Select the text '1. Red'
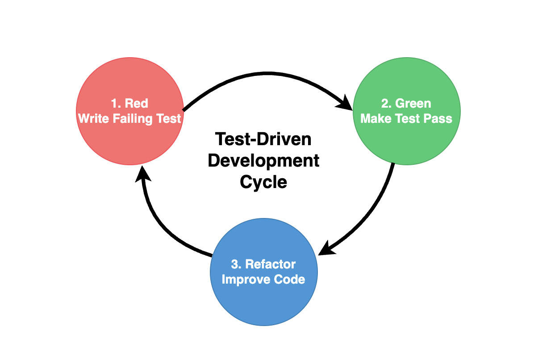pyautogui.click(x=129, y=104)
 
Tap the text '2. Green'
pyautogui.click(x=406, y=104)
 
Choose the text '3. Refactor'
pyautogui.click(x=263, y=264)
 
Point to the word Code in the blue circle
pyautogui.click(x=290, y=280)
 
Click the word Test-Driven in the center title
pyautogui.click(x=263, y=139)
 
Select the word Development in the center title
pyautogui.click(x=263, y=161)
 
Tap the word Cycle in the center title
pyautogui.click(x=263, y=182)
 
